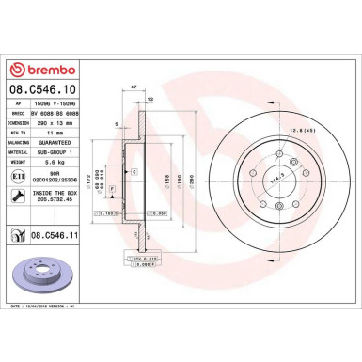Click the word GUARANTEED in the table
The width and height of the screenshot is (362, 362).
pos(72,144)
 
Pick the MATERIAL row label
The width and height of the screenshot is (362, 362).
pos(24,152)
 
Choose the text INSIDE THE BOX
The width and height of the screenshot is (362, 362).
pos(71,192)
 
